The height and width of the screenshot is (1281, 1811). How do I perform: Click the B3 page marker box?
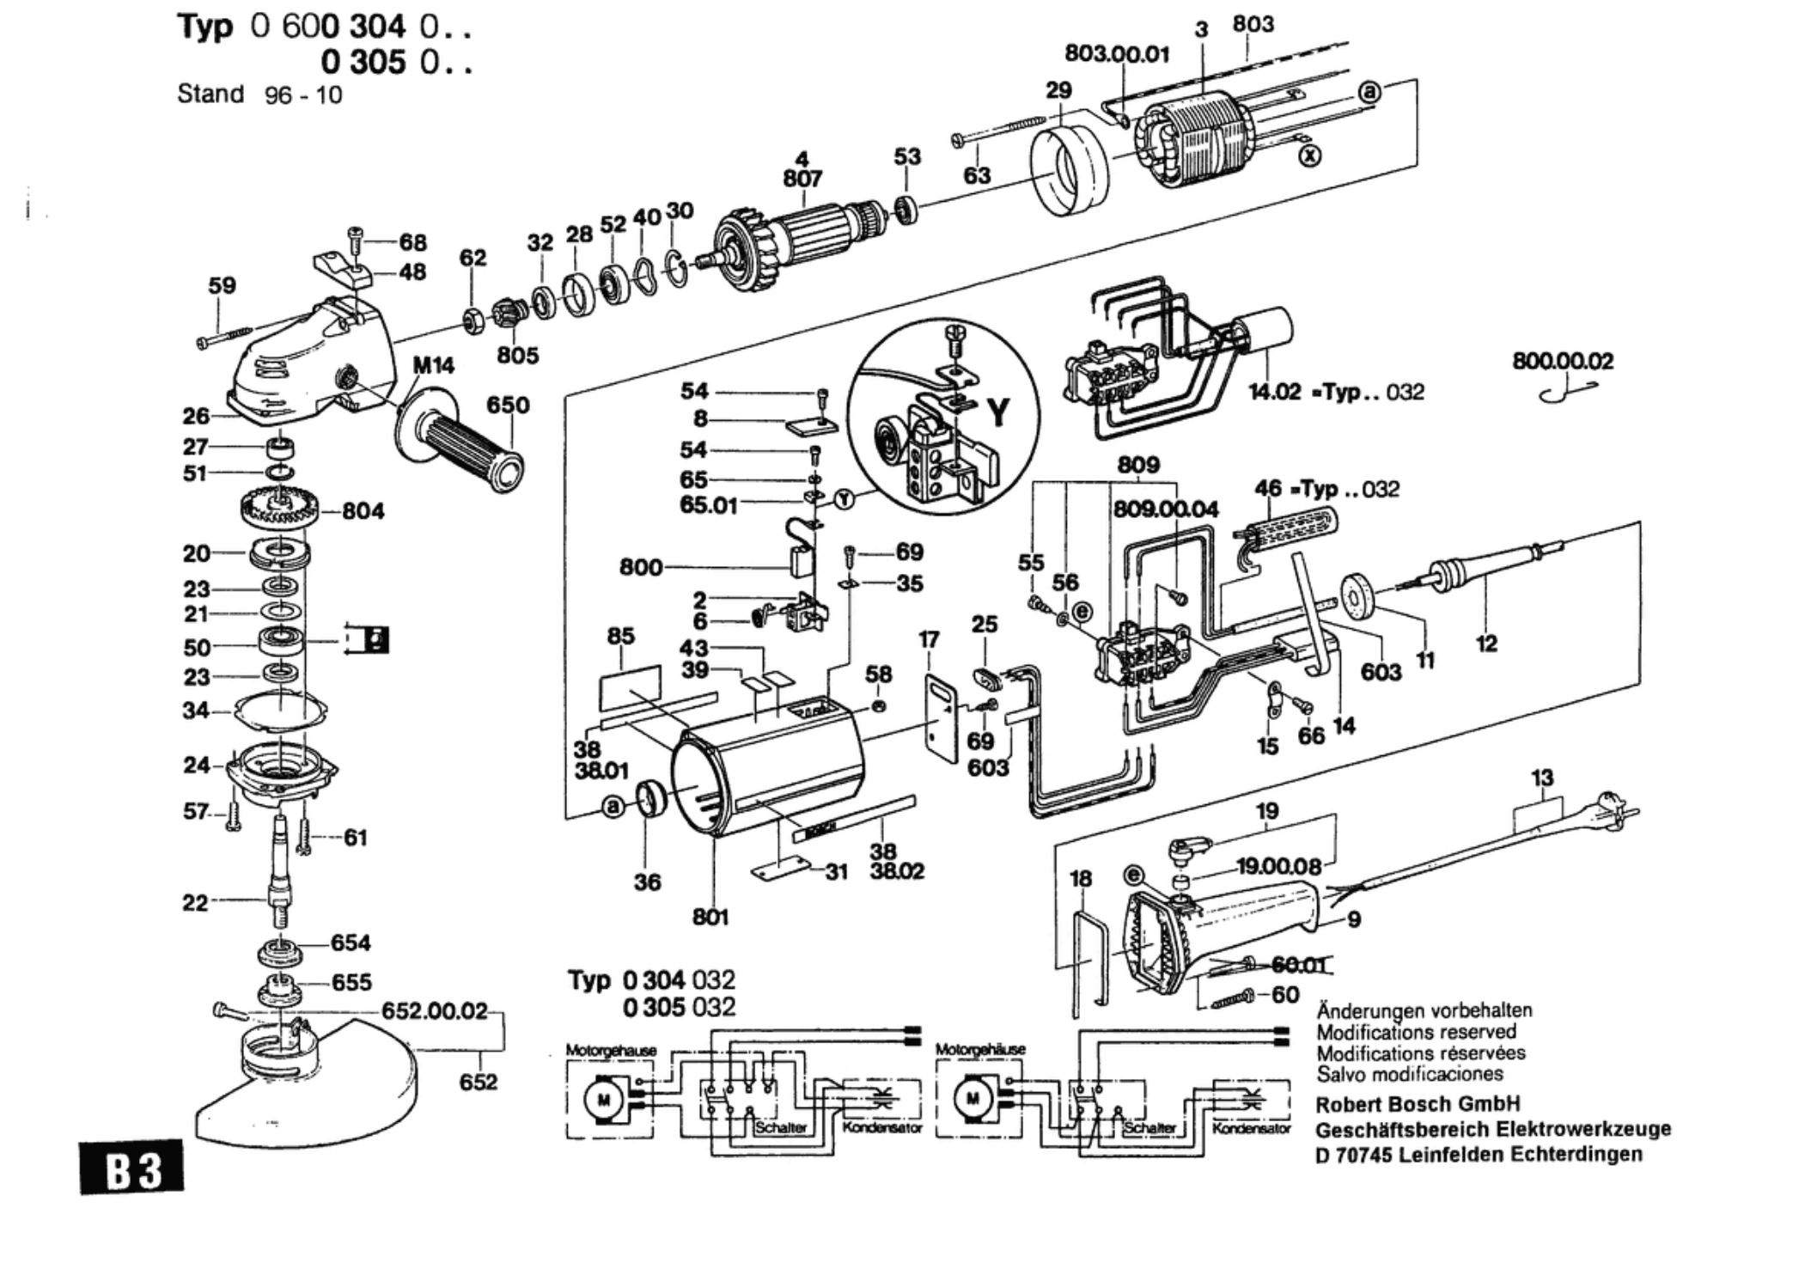[132, 1167]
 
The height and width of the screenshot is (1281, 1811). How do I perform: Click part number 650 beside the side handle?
[508, 405]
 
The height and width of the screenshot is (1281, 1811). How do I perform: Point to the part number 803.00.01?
[1117, 54]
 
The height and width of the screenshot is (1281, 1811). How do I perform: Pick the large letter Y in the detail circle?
[998, 412]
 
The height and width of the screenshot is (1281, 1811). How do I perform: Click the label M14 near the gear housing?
[433, 366]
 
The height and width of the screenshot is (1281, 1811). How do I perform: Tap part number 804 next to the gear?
[363, 511]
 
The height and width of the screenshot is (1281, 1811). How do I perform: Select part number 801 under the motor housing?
[710, 917]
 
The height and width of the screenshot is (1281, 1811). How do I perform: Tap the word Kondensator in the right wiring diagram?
[1251, 1127]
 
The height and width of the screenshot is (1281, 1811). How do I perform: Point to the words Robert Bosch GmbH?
[1418, 1104]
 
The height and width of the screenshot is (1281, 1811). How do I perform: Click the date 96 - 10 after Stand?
[303, 95]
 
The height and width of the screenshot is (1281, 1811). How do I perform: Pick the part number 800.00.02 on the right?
[1563, 361]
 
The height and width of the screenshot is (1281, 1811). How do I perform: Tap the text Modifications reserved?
[1416, 1032]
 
